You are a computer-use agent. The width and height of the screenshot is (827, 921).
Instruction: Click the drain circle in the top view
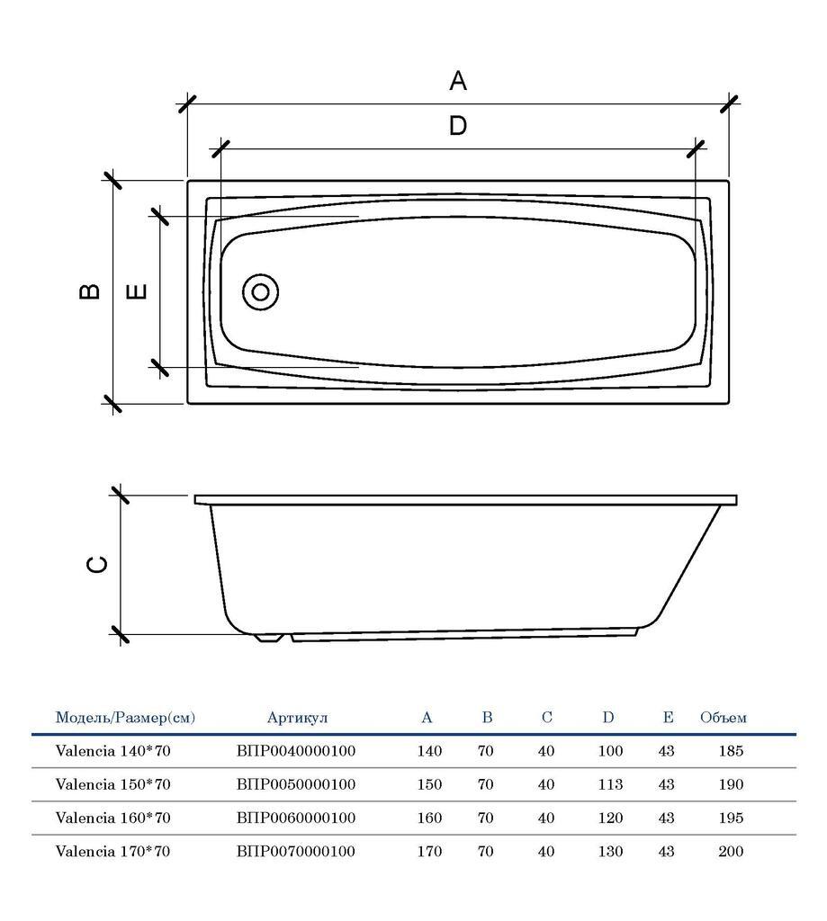coord(260,292)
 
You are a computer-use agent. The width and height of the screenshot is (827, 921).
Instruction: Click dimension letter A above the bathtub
coord(458,80)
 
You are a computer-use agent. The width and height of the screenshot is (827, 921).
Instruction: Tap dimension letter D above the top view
coord(458,125)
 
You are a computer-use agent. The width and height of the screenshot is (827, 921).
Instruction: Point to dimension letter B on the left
coord(89,291)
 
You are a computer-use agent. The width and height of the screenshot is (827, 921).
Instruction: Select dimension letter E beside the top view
coord(137,291)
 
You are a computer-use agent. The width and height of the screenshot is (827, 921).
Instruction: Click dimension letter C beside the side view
coord(97,565)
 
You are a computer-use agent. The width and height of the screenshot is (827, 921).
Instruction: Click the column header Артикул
coord(298,717)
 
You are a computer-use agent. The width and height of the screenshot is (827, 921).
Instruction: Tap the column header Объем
coord(723,717)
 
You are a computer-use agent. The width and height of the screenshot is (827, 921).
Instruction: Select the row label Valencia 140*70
coord(112,751)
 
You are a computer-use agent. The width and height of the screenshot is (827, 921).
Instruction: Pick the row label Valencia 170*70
coord(112,851)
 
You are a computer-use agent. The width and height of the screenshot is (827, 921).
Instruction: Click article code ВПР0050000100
coord(296,784)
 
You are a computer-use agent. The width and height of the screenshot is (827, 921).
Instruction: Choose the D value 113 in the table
coord(610,784)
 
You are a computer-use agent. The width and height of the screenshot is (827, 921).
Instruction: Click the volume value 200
coord(731,851)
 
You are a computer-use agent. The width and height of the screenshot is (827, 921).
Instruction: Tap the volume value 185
coord(731,751)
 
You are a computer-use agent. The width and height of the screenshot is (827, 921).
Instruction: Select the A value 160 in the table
coord(429,818)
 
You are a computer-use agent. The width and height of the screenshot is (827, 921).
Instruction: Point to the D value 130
coord(610,851)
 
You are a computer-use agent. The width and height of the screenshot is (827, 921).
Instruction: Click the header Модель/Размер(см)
coord(125,717)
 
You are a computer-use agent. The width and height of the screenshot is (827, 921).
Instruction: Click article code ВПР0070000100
coord(296,851)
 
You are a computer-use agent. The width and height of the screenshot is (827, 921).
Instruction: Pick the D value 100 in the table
coord(610,751)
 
